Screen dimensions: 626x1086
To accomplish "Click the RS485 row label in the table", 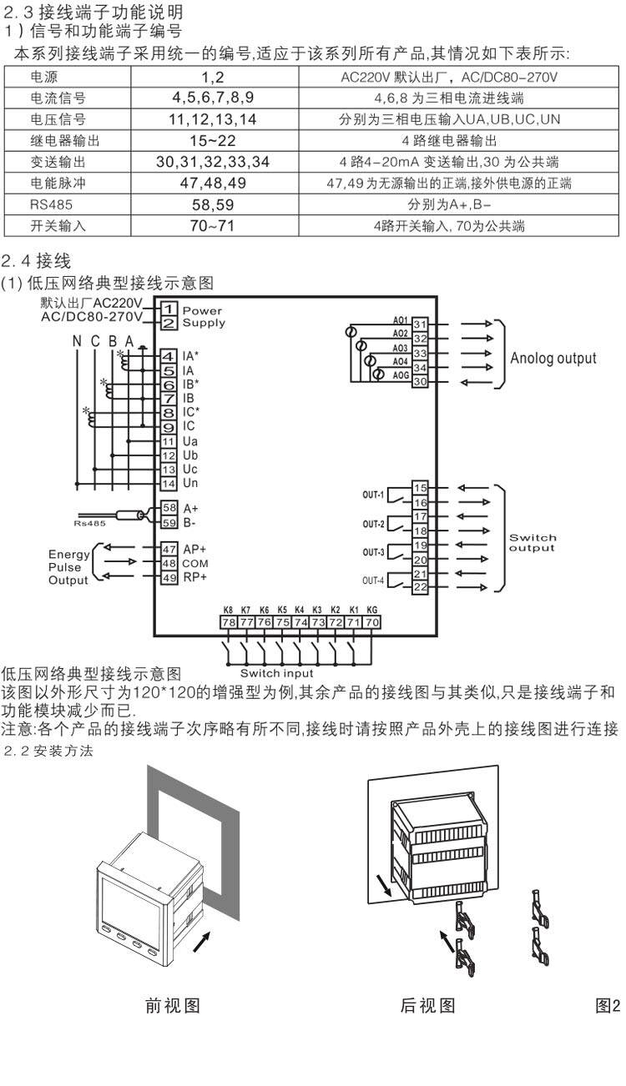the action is click(x=51, y=204).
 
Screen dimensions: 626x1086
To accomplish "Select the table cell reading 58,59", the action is click(x=213, y=204).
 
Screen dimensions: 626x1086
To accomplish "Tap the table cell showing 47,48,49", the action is click(x=213, y=183).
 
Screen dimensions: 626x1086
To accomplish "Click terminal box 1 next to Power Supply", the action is click(x=169, y=309).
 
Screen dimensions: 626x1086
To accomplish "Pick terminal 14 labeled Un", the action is click(x=169, y=484).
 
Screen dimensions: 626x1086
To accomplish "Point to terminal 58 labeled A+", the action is click(x=169, y=508).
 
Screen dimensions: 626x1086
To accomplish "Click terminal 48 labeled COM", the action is click(x=169, y=563).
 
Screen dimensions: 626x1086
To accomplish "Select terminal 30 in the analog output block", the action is click(x=420, y=381).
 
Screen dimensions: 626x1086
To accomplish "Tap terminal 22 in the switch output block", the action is click(x=420, y=587).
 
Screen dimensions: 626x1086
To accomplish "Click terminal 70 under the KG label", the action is click(x=371, y=622).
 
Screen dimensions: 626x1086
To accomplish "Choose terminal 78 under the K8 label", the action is click(x=229, y=622).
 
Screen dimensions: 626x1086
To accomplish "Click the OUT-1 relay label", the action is click(x=373, y=495).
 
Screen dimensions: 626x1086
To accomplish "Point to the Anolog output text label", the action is click(x=553, y=359).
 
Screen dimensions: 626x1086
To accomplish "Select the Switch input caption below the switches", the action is click(x=276, y=673).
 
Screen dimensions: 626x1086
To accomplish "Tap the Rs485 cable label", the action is click(x=89, y=524).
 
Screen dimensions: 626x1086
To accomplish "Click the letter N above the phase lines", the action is click(x=77, y=341).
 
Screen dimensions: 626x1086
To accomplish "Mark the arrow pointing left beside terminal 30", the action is click(x=476, y=383).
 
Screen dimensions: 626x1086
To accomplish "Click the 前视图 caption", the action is click(x=173, y=1006).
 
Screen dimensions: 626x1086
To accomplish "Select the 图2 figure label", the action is click(x=608, y=1006).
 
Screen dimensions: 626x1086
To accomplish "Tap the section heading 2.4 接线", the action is click(x=36, y=261).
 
